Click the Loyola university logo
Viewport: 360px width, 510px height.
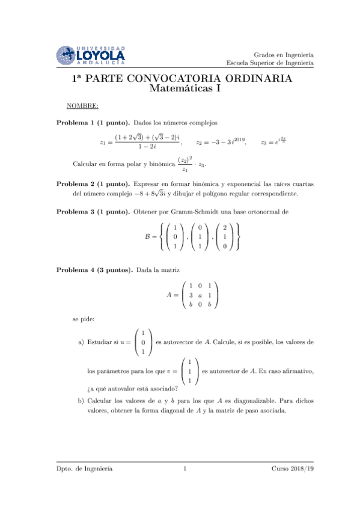pyautogui.click(x=91, y=55)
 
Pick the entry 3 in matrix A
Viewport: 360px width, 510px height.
pyautogui.click(x=190, y=295)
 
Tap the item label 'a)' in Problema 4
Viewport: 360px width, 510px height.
pyautogui.click(x=81, y=343)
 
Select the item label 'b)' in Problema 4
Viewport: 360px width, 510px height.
pyautogui.click(x=81, y=399)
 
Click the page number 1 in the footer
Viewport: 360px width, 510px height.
pyautogui.click(x=185, y=468)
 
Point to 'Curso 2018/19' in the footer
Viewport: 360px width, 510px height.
pyautogui.click(x=293, y=468)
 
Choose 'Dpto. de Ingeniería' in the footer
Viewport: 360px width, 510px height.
pyautogui.click(x=84, y=468)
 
